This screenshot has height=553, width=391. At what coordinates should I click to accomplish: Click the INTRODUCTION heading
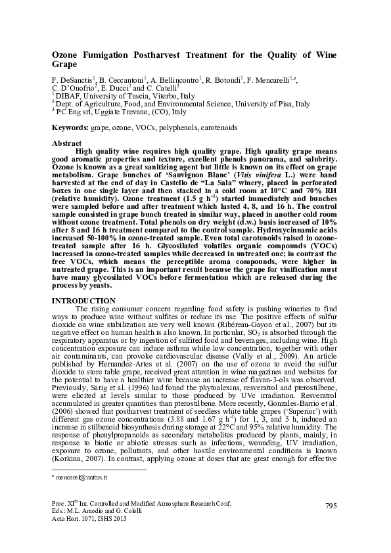click(x=82, y=301)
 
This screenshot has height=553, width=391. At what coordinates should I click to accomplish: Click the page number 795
click(x=331, y=504)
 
